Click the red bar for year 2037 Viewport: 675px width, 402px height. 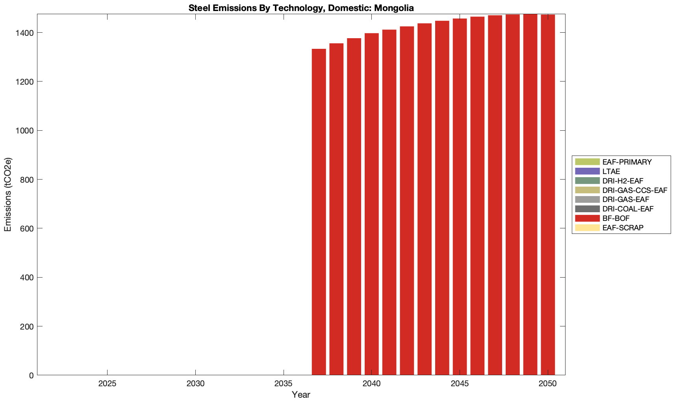point(319,252)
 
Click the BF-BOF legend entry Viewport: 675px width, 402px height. point(616,219)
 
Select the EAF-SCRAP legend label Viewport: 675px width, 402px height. point(623,228)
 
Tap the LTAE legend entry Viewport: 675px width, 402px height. point(611,172)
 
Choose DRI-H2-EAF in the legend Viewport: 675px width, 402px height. point(623,181)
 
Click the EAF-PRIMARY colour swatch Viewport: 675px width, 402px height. point(587,162)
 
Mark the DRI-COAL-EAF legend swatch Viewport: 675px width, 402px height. point(587,209)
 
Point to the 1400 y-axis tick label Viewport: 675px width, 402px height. point(25,33)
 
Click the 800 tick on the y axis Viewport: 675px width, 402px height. point(27,180)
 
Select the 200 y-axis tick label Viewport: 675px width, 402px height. point(27,326)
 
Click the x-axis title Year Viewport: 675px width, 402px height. point(301,395)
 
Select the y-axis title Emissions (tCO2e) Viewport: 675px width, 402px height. point(8,195)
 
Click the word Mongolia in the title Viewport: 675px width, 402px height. point(396,7)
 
